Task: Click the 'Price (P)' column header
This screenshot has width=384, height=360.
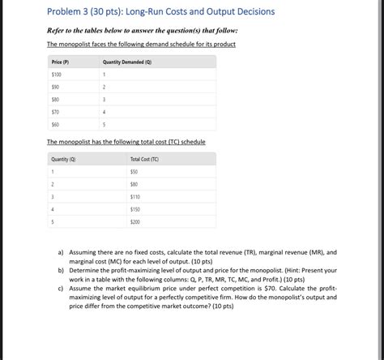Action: [60, 62]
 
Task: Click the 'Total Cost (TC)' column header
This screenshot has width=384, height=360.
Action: [144, 159]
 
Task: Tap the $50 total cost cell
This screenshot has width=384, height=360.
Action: [134, 172]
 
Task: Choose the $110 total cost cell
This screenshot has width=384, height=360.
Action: [134, 196]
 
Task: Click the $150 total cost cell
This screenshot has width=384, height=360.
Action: [134, 208]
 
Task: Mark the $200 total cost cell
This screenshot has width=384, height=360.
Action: [134, 221]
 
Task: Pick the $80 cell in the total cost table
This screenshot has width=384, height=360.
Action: [134, 184]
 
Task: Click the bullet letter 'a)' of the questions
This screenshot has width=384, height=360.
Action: [61, 252]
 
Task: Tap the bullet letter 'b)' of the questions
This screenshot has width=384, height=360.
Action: [61, 270]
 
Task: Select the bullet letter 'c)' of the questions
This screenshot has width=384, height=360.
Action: [61, 288]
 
